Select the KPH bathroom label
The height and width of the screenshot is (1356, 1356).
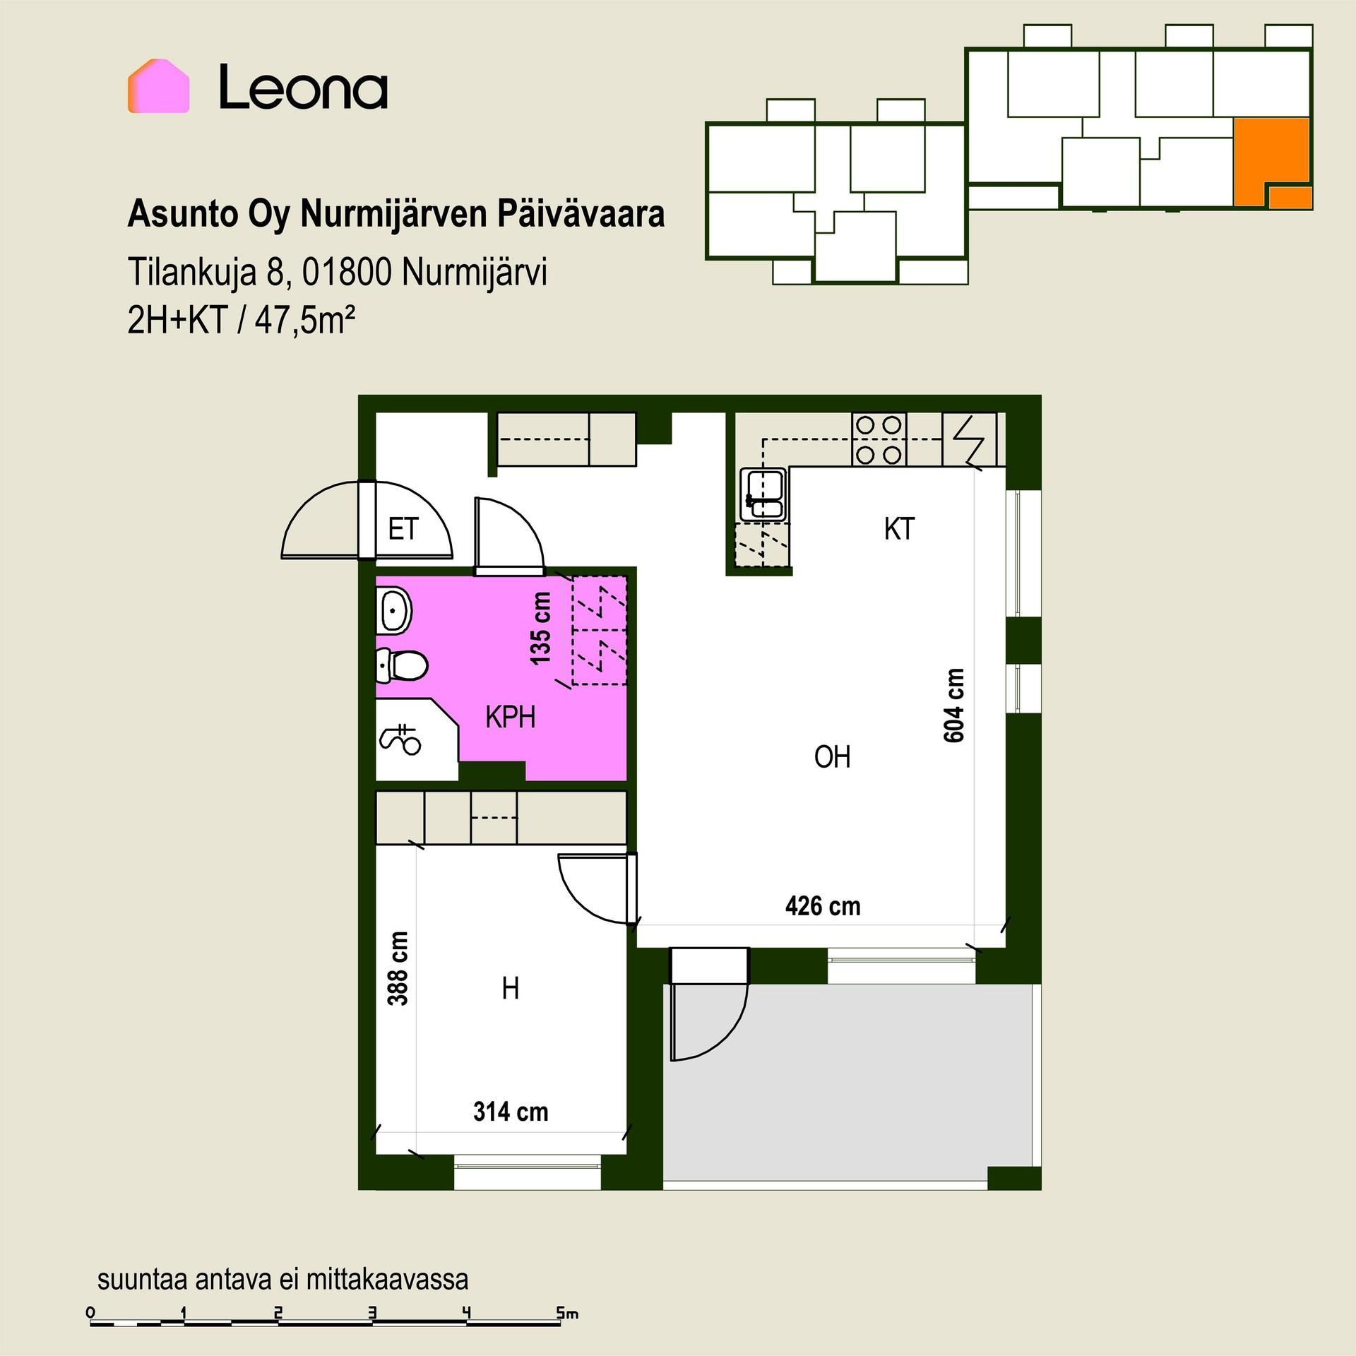tap(510, 717)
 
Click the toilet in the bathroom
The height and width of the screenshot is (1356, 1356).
tap(400, 665)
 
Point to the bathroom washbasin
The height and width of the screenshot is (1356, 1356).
tap(393, 611)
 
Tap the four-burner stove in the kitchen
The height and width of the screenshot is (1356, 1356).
tap(879, 439)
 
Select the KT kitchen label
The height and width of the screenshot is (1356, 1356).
tap(899, 529)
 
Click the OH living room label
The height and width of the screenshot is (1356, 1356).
tap(832, 757)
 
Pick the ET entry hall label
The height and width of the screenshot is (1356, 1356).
tap(403, 529)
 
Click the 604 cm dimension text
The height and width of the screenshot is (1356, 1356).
tap(953, 706)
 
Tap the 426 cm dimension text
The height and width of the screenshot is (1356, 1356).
tap(823, 906)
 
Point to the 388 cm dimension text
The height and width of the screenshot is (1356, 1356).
tap(398, 968)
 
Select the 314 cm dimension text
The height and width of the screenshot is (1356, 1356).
tap(511, 1112)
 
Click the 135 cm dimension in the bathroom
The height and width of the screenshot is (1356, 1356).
tap(540, 628)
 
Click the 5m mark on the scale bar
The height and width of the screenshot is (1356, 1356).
tap(567, 1314)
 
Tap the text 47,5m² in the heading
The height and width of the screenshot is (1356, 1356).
tap(304, 322)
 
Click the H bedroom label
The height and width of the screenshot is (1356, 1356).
tap(510, 989)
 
